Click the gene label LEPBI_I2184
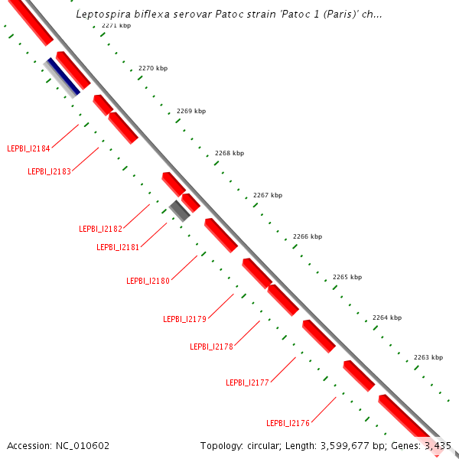[28, 148]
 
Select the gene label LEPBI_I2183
[49, 171]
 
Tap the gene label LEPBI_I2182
[100, 229]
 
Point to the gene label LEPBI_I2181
[118, 247]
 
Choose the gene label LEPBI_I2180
[148, 281]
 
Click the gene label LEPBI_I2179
[184, 319]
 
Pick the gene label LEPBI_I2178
[211, 347]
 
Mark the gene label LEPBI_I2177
[247, 382]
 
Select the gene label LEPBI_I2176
[288, 423]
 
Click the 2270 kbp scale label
[152, 69]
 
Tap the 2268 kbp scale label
[229, 153]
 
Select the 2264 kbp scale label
[387, 317]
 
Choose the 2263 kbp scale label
[428, 357]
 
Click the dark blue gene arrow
[63, 76]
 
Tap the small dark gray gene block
[180, 210]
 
